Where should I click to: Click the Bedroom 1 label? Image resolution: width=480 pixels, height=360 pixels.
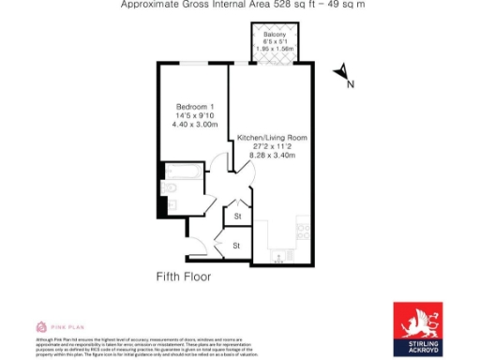pyautogui.click(x=195, y=104)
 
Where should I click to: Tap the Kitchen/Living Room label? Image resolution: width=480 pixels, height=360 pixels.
pyautogui.click(x=272, y=138)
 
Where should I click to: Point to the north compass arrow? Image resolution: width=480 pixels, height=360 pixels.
pyautogui.click(x=342, y=71)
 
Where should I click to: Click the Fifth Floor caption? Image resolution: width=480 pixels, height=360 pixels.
pyautogui.click(x=183, y=277)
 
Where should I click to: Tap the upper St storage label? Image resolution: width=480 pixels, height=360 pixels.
pyautogui.click(x=237, y=217)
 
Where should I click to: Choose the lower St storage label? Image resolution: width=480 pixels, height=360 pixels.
pyautogui.click(x=236, y=246)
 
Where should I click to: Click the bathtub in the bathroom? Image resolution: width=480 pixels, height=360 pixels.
pyautogui.click(x=178, y=171)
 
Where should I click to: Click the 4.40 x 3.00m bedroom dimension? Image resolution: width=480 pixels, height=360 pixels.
pyautogui.click(x=195, y=124)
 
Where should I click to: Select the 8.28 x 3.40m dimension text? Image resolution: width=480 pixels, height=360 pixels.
pyautogui.click(x=272, y=156)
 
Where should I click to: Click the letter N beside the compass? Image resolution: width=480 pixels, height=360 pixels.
pyautogui.click(x=351, y=84)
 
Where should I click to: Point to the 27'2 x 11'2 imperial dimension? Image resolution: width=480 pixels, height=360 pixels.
pyautogui.click(x=272, y=147)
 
